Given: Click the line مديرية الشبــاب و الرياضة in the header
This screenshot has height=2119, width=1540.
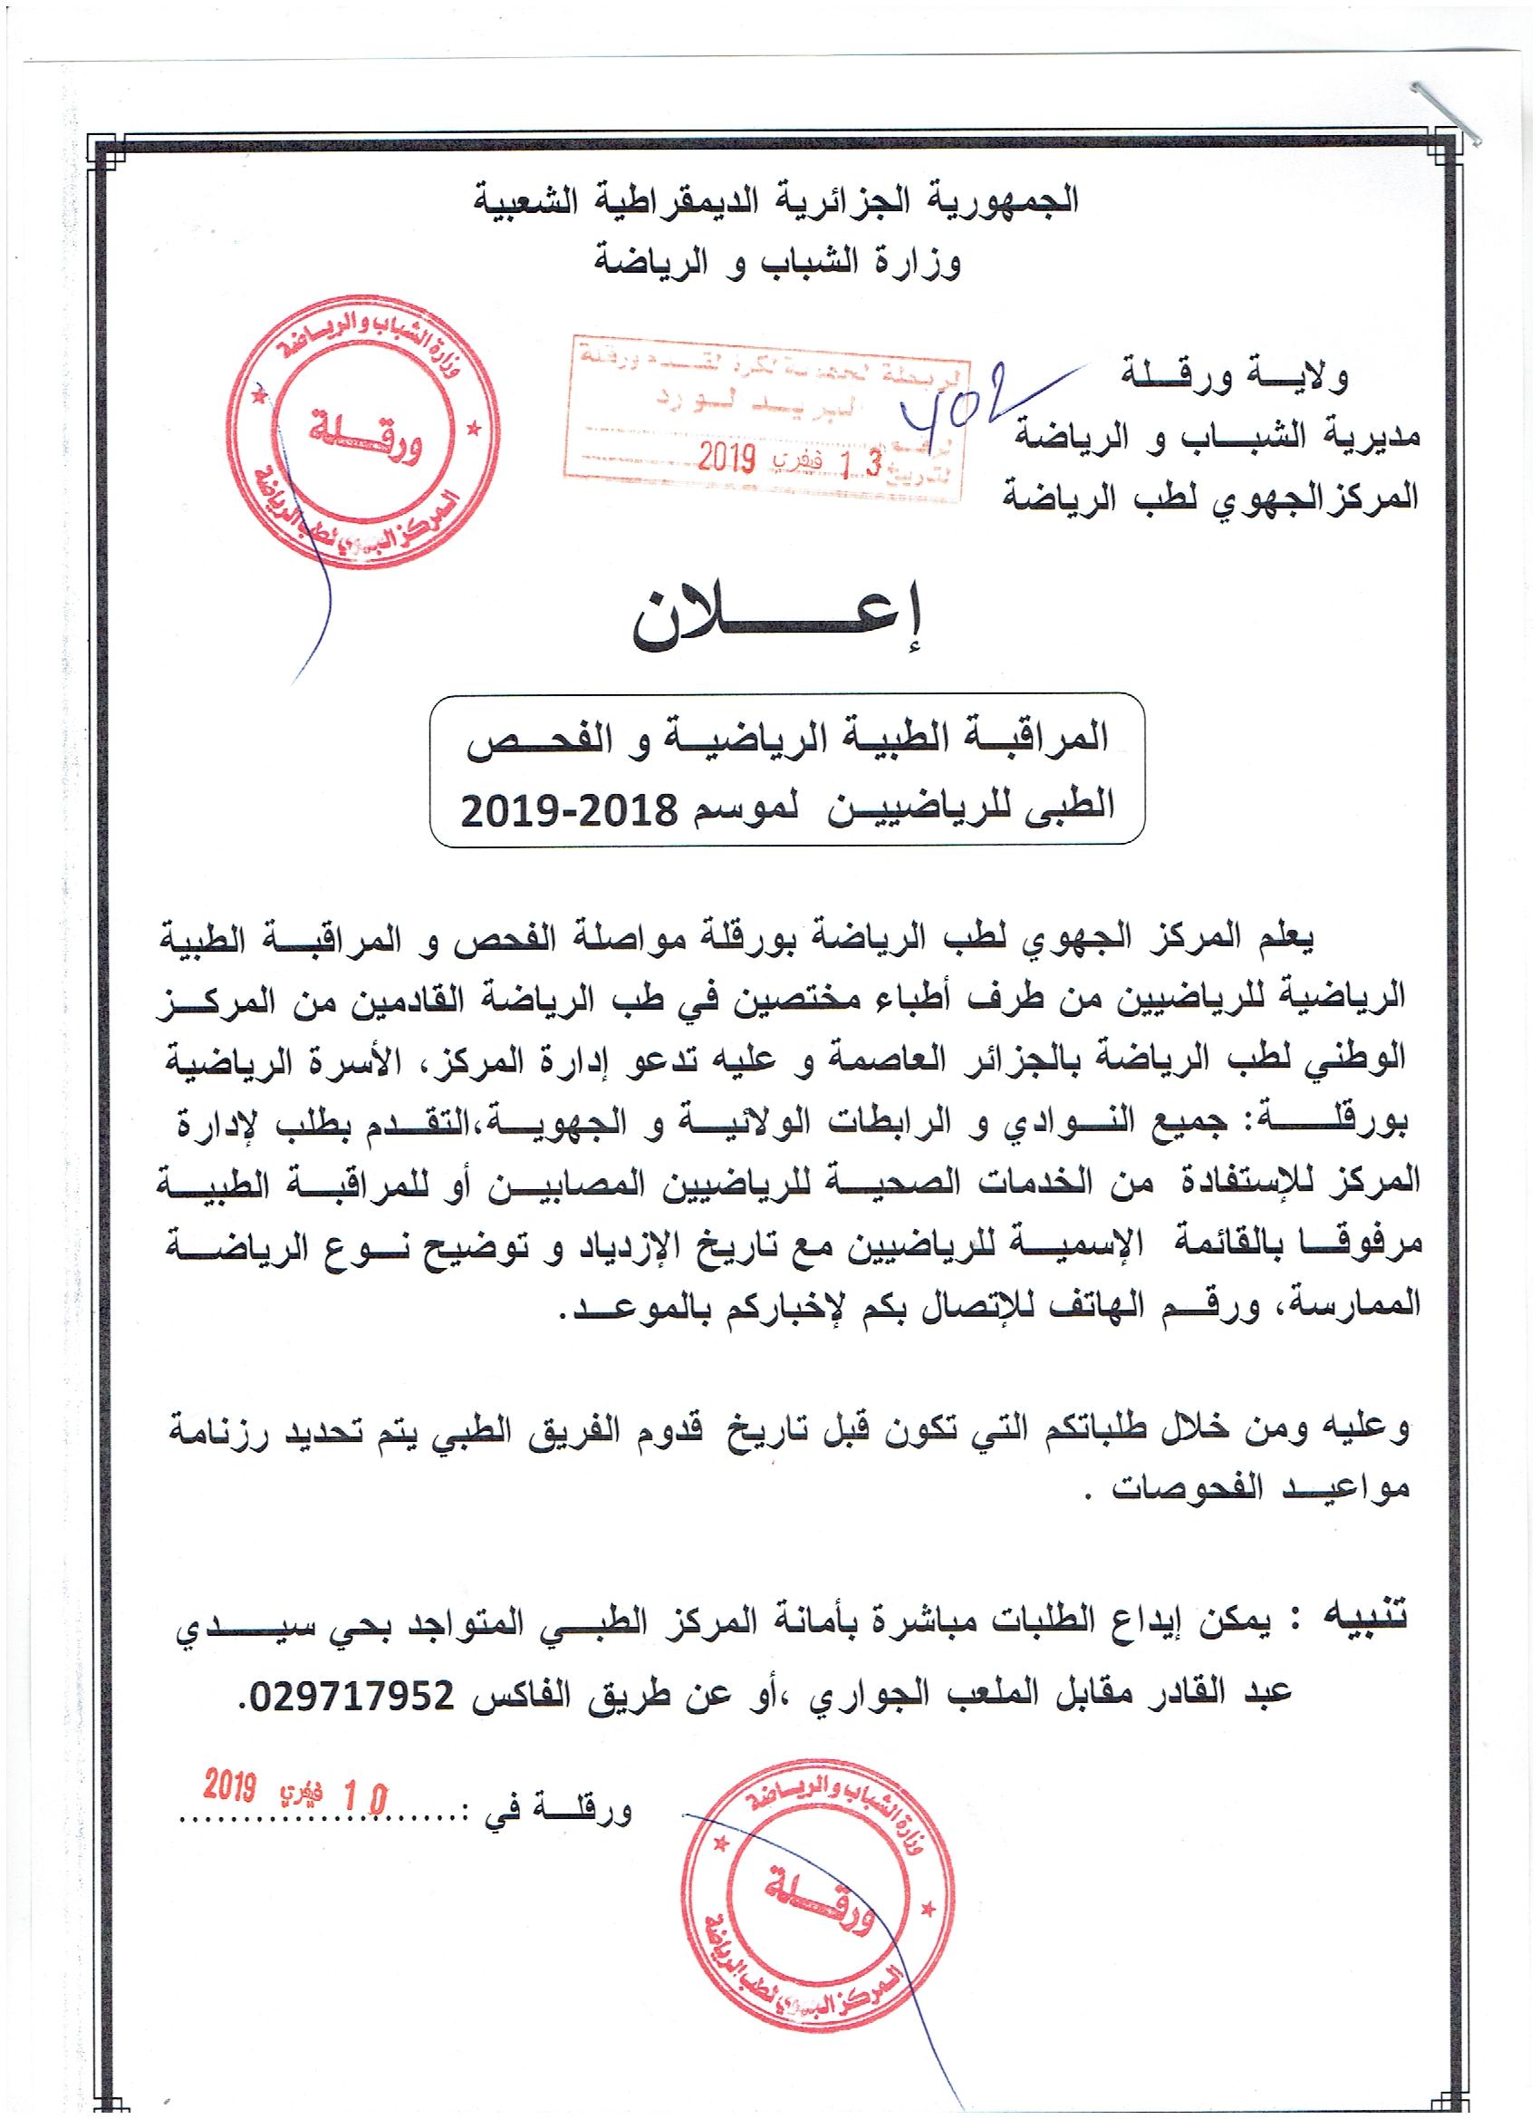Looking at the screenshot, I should [x=1218, y=436].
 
